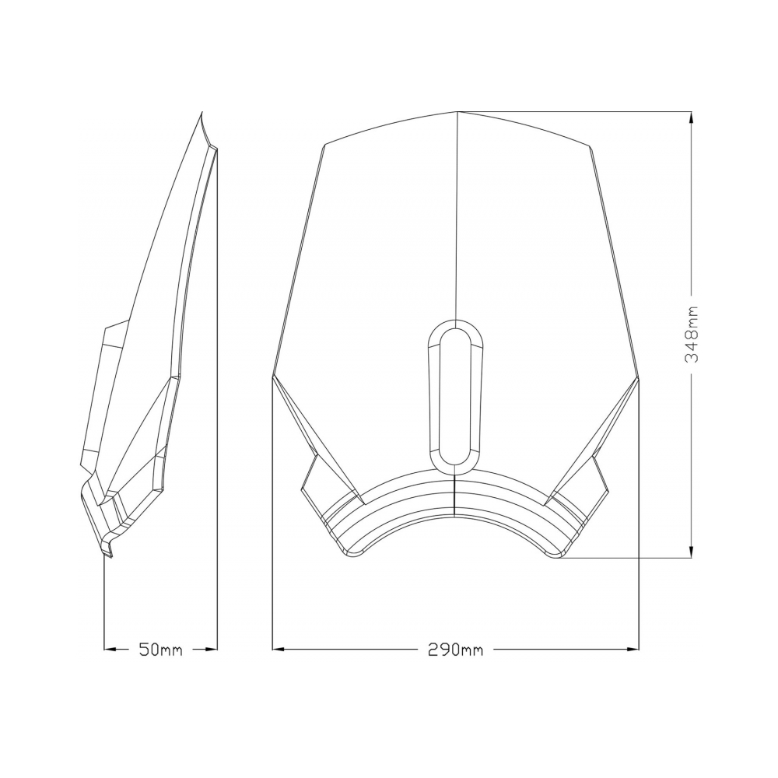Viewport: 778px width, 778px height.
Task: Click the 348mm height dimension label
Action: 692,335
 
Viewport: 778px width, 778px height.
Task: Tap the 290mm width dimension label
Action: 455,649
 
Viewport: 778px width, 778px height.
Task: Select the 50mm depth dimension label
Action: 161,649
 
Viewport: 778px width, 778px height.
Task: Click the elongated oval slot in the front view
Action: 455,396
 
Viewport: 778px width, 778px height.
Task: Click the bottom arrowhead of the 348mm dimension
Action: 692,552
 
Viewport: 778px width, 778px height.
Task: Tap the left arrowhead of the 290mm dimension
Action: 279,649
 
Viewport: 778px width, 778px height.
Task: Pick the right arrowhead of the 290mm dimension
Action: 633,649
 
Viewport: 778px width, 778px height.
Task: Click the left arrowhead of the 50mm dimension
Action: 110,649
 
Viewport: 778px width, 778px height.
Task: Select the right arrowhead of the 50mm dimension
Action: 212,649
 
